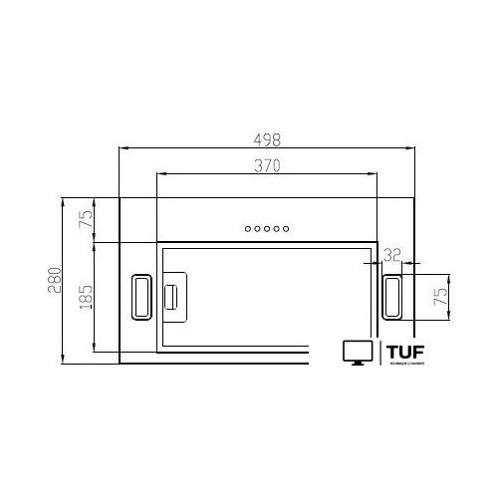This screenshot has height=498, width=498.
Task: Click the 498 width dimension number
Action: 268,139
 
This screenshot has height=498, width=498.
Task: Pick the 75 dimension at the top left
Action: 86,220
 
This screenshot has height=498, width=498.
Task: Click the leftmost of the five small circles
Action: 247,230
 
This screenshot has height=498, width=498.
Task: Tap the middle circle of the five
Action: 267,230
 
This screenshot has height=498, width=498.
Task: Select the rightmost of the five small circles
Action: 287,230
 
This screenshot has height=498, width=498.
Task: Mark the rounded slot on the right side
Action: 392,295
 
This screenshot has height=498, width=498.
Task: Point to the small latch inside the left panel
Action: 171,295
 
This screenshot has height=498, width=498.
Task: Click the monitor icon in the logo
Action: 356,353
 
